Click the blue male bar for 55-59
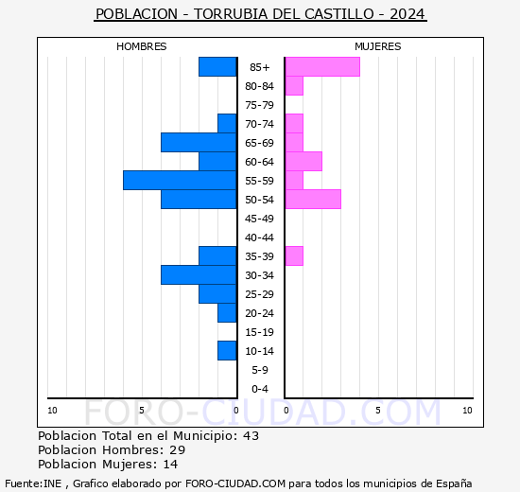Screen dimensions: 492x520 tap(180, 180)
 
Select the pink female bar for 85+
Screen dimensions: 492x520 tap(321, 66)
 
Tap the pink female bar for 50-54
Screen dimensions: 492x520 tap(312, 199)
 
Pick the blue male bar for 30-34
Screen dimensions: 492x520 tap(199, 274)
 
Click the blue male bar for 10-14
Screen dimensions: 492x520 tap(227, 350)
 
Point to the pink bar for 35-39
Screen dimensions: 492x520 tap(293, 255)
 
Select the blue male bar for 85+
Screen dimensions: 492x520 tap(217, 66)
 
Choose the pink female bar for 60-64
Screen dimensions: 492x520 tap(303, 161)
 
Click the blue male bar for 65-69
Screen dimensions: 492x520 tap(199, 142)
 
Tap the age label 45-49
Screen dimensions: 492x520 tap(259, 219)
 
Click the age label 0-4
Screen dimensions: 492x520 tap(259, 389)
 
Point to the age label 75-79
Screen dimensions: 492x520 tap(259, 105)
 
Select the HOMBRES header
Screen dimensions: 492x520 tap(142, 46)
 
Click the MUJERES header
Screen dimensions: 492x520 tap(377, 46)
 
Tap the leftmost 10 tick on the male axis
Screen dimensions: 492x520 tap(52, 410)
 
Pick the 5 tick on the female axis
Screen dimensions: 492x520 tap(377, 410)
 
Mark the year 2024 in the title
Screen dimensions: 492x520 tap(407, 14)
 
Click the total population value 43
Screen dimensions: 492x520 tap(251, 436)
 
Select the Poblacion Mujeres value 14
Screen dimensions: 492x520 tap(170, 465)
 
